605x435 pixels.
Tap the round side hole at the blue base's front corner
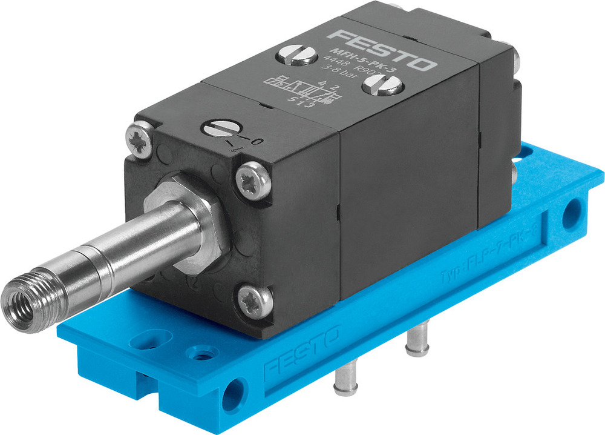point(232,396)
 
